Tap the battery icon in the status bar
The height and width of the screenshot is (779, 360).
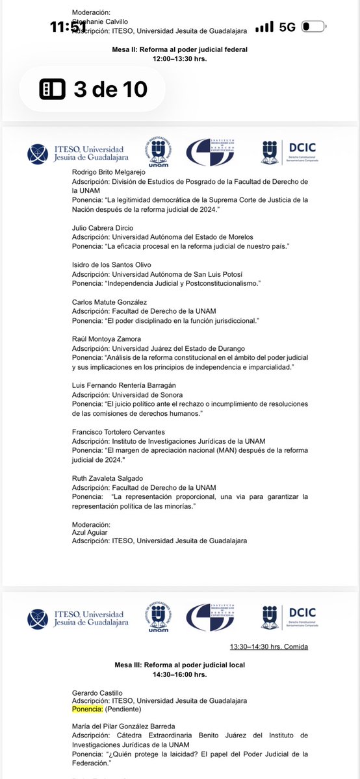click(315, 27)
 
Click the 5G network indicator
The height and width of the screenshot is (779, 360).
click(287, 27)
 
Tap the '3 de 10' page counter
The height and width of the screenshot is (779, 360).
click(92, 89)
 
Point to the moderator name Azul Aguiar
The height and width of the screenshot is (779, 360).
click(88, 532)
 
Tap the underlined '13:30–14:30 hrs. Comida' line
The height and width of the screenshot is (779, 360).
click(268, 646)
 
